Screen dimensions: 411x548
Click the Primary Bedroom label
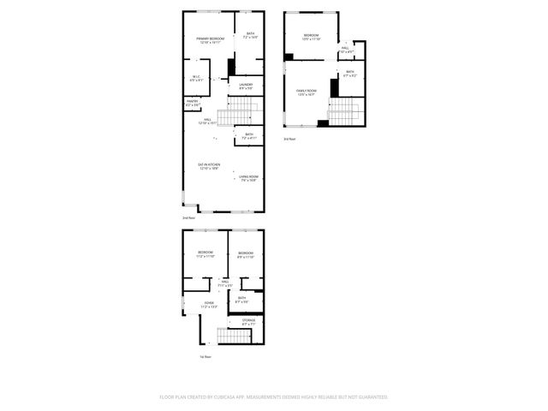(x=210, y=40)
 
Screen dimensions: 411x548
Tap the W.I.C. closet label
(x=195, y=79)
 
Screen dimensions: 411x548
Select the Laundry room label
(x=246, y=86)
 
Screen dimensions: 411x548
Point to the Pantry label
(x=192, y=103)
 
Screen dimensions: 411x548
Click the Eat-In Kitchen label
(x=209, y=167)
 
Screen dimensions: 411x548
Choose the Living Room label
(x=248, y=178)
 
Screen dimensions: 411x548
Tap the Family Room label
(x=307, y=92)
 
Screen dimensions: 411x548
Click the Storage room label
(x=247, y=322)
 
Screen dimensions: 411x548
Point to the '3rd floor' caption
(x=289, y=139)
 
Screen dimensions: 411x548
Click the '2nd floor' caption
(x=188, y=218)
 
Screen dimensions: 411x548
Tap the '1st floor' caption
(x=205, y=356)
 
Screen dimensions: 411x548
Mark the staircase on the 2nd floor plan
(x=235, y=112)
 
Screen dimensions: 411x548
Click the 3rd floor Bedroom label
(x=310, y=37)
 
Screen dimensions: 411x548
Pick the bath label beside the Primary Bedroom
(x=250, y=36)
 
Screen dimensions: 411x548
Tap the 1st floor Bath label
(x=242, y=299)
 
